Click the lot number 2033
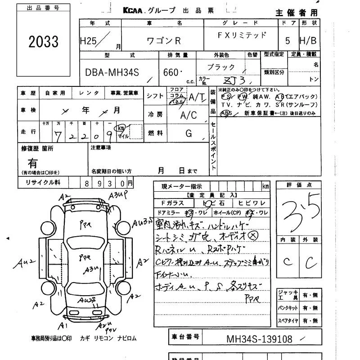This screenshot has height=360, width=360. (x=44, y=42)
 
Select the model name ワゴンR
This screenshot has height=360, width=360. (x=164, y=40)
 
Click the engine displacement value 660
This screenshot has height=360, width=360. (x=172, y=72)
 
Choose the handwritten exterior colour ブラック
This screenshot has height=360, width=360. (x=221, y=67)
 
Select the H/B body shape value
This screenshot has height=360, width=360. (x=308, y=40)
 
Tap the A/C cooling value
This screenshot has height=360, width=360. (x=189, y=115)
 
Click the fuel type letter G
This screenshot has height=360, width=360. (x=189, y=133)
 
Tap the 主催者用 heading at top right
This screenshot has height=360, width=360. (x=296, y=13)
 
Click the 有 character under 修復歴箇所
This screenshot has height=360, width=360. (x=33, y=163)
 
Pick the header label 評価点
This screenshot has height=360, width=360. (x=299, y=185)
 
